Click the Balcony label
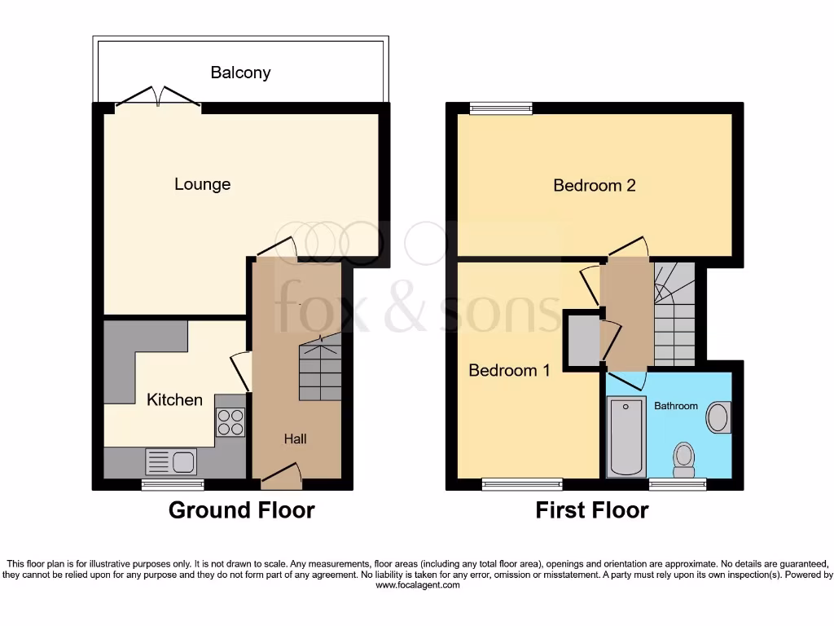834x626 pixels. pyautogui.click(x=240, y=73)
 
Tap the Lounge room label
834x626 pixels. pyautogui.click(x=202, y=184)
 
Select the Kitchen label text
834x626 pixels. pyautogui.click(x=174, y=399)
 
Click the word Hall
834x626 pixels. pyautogui.click(x=295, y=439)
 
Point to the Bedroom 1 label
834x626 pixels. pyautogui.click(x=509, y=370)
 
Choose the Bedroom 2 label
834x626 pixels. pyautogui.click(x=594, y=186)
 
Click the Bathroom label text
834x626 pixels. pyautogui.click(x=676, y=406)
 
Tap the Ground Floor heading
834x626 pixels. pyautogui.click(x=241, y=510)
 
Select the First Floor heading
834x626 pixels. pyautogui.click(x=591, y=510)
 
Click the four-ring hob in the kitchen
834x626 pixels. pyautogui.click(x=230, y=421)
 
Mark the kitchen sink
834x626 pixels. pyautogui.click(x=170, y=461)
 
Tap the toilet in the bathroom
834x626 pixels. pyautogui.click(x=683, y=458)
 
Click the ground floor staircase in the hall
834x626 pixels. pyautogui.click(x=319, y=370)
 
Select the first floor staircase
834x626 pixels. pyautogui.click(x=674, y=315)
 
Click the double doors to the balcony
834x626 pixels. pyautogui.click(x=159, y=98)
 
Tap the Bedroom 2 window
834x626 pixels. pyautogui.click(x=500, y=108)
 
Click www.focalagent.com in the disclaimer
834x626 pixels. pyautogui.click(x=417, y=585)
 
